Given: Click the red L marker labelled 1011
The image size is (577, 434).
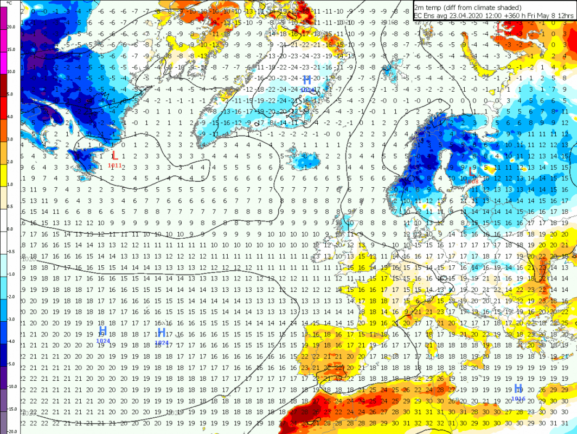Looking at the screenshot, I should click(x=114, y=156).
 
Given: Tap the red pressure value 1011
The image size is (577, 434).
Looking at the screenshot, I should click(x=114, y=165).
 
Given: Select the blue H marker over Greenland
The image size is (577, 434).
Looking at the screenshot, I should click(x=307, y=80).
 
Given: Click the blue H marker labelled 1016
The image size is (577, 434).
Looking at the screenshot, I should click(x=518, y=388).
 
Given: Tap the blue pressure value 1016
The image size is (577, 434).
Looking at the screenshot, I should click(x=518, y=398).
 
